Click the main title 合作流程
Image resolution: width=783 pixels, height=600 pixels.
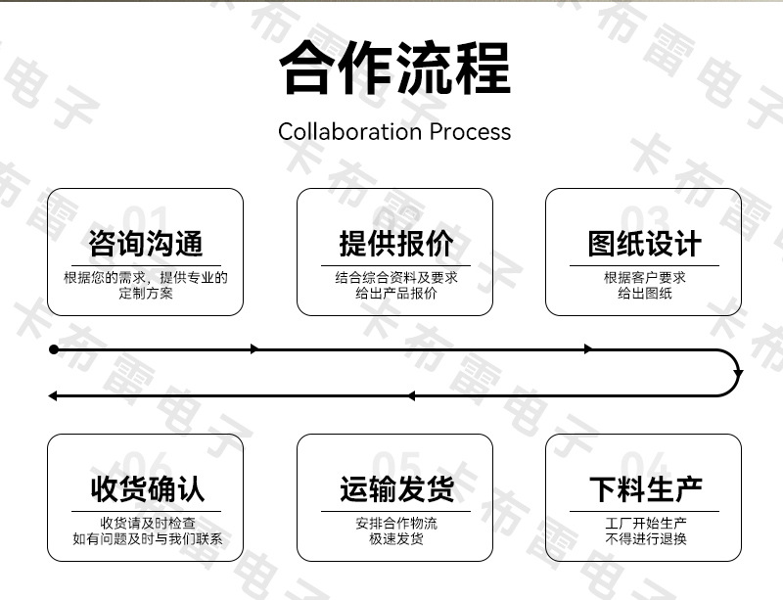point(394,68)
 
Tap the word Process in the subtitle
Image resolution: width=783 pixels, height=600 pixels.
point(470,132)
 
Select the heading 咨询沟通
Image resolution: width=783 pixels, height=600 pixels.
point(145,244)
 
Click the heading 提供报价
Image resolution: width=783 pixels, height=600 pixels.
point(396,244)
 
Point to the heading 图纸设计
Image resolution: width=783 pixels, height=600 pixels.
point(644,244)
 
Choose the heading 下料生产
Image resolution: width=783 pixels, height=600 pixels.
point(646,488)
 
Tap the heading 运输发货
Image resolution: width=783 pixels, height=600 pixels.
point(397,488)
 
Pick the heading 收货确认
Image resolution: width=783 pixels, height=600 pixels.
point(148,488)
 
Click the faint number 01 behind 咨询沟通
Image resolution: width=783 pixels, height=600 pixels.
point(145,219)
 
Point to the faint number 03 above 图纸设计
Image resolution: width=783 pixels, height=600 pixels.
point(644,219)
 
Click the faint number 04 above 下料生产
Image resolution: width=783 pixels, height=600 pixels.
point(644,465)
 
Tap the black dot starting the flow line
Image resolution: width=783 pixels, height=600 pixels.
point(54,349)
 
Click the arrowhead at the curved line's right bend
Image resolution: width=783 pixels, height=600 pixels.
point(738,373)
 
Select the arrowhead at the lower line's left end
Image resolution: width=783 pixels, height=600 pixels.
point(53,396)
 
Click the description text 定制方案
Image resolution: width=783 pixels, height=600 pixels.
point(145,293)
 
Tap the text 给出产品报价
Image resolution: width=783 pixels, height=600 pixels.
point(396,293)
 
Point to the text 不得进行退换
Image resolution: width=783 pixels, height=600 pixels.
point(646,538)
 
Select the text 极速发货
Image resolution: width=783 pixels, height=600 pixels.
point(396,538)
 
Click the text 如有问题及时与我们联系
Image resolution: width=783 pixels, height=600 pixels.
point(148,538)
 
